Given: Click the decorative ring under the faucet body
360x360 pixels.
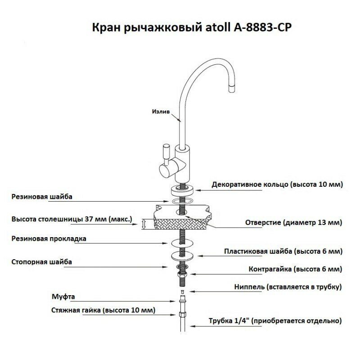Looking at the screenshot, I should pos(183,187).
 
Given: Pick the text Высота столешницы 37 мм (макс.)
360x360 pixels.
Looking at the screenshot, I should pos(72,220).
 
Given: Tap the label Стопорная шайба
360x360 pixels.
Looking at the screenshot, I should pos(42,261).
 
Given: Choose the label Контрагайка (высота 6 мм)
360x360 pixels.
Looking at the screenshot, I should pos(295,269).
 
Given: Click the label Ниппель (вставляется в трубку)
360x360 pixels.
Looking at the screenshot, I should pos(288,287).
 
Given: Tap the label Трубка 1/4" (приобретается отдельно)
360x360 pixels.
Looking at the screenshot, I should pos(275,321).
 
